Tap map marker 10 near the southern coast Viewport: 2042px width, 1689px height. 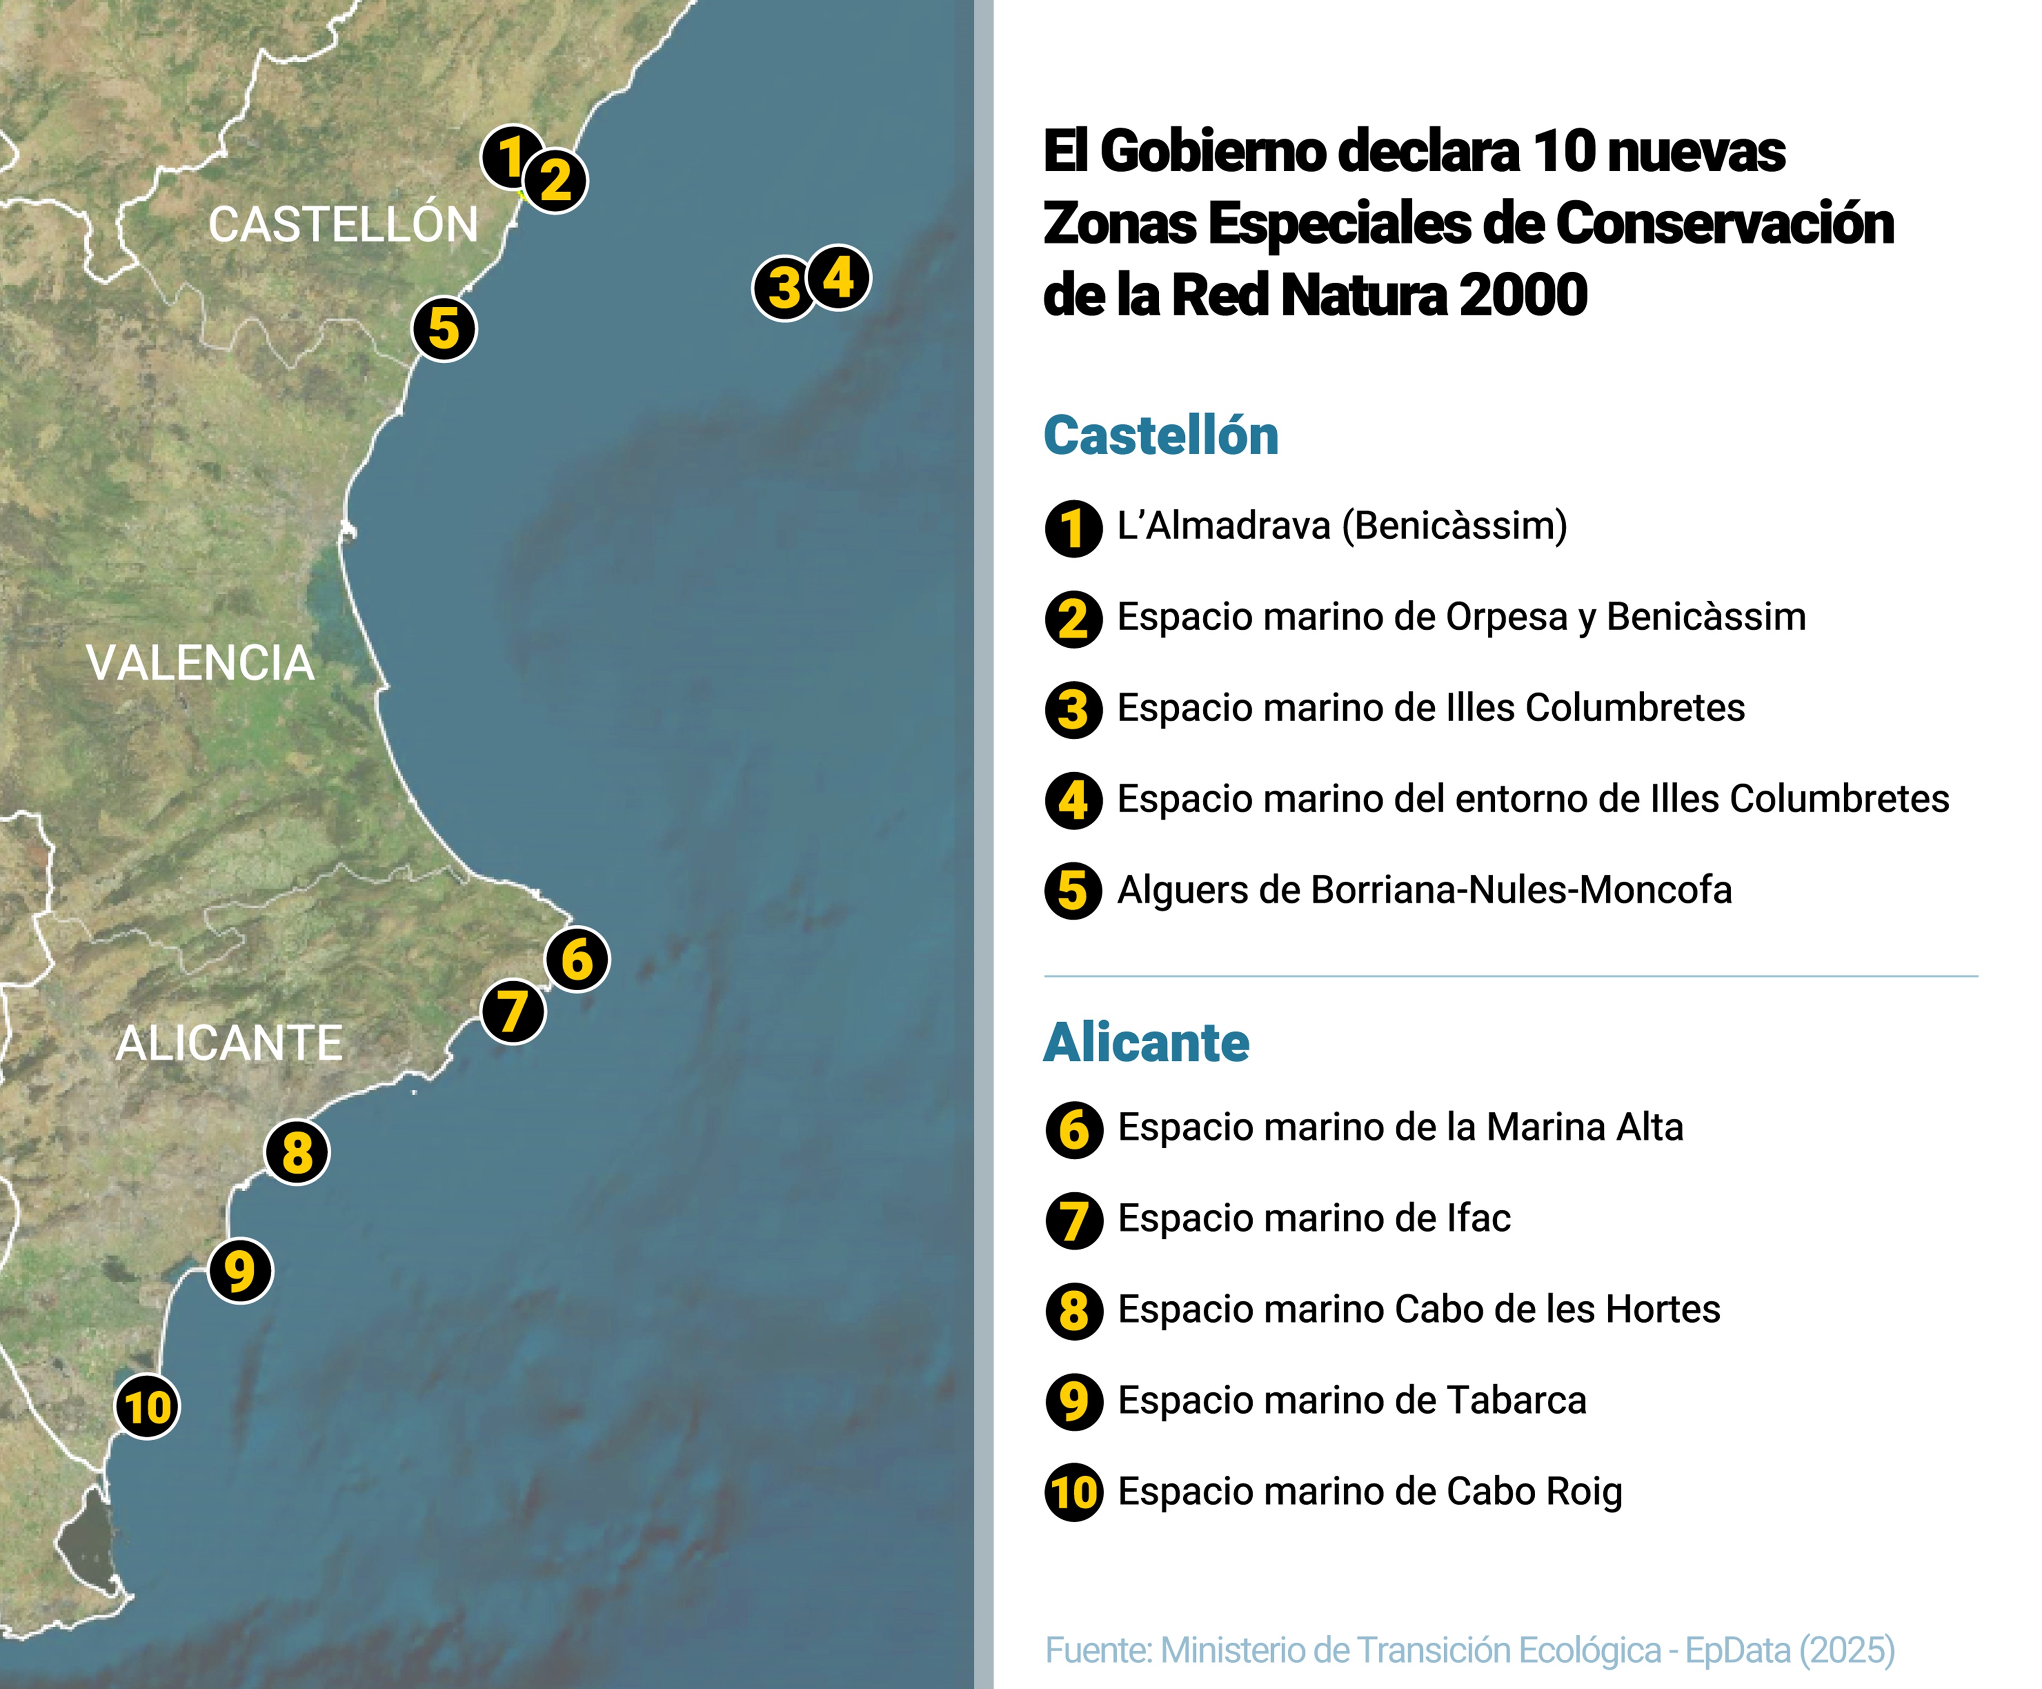[147, 1407]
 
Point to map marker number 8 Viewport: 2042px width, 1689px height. [297, 1152]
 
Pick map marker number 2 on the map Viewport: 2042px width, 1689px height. [555, 181]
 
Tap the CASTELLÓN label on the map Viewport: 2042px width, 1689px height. [343, 224]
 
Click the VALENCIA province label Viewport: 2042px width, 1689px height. [200, 663]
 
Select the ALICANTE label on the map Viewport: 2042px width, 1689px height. [230, 1043]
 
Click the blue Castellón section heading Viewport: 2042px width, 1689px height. [1160, 436]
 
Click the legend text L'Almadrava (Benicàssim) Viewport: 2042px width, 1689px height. [1342, 526]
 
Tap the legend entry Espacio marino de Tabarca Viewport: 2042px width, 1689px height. [1352, 1400]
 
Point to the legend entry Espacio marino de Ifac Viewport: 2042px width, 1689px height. [1313, 1218]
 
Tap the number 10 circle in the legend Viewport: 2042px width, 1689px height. [1074, 1493]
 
